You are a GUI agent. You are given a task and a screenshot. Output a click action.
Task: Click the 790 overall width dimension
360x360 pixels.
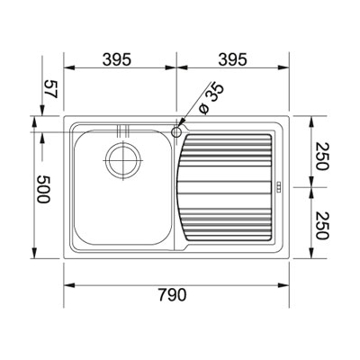pyautogui.click(x=172, y=294)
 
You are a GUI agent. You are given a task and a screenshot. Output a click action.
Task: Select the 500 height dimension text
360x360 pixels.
pyautogui.click(x=43, y=189)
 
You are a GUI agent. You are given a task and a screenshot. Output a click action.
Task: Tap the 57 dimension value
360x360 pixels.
pyautogui.click(x=50, y=89)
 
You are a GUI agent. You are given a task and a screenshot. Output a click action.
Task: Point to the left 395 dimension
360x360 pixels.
pyautogui.click(x=117, y=59)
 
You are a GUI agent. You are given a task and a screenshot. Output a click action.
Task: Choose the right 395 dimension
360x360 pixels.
pyautogui.click(x=233, y=59)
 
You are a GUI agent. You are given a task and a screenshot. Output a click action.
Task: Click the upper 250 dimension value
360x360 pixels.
pyautogui.click(x=323, y=157)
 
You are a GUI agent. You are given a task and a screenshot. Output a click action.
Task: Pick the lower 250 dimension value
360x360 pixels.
pyautogui.click(x=323, y=226)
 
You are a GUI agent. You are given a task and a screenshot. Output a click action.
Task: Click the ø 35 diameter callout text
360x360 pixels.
pyautogui.click(x=211, y=98)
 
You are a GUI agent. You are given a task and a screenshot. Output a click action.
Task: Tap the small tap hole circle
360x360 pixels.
pyautogui.click(x=176, y=131)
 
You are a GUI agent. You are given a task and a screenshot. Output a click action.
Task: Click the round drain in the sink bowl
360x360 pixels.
pyautogui.click(x=124, y=160)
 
